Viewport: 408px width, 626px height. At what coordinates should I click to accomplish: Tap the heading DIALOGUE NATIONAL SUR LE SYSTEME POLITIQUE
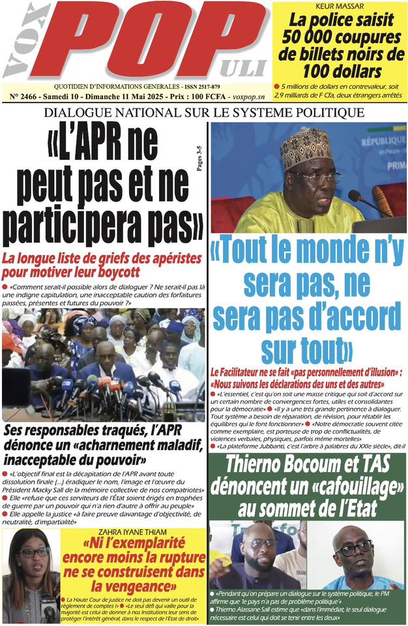tap(203, 113)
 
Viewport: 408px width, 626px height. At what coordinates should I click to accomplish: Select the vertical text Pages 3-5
tap(199, 158)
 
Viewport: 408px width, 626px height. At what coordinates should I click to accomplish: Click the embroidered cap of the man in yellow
tap(306, 147)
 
